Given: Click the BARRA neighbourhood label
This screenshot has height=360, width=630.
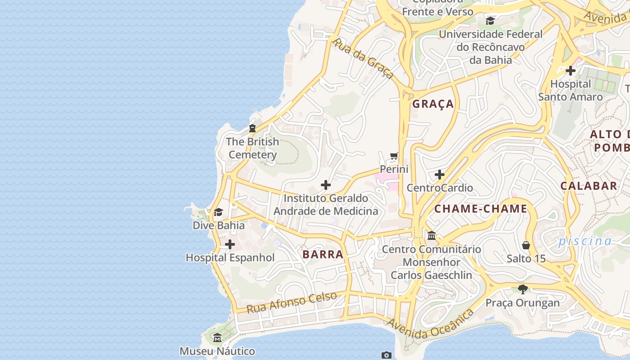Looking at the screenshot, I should coord(323,254).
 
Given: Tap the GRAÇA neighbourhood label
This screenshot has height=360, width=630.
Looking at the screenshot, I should coord(433,104).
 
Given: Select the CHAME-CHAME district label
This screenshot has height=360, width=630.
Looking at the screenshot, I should coord(481,209).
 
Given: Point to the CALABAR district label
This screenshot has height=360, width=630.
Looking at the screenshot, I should coord(589,185).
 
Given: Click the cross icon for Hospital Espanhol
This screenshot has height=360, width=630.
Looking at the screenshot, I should coord(230,244).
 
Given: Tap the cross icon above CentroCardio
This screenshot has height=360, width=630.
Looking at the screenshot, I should coord(440,174).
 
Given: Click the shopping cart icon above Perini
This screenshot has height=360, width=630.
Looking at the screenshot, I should coord(394,156).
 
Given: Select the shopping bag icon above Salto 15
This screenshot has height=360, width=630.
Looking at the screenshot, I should coord(526,245).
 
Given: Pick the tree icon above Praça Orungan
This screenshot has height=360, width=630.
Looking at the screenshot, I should coord(522,289).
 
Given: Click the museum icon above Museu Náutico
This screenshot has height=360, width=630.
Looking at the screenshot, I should coord(217,337).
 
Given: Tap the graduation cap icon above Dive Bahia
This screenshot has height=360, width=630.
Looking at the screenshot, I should coord(219,212).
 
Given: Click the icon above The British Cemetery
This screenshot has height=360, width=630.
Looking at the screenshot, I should coord(252,128).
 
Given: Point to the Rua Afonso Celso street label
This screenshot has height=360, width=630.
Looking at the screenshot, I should coord(292,302).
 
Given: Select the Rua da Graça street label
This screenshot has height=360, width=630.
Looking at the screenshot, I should coord(363,58).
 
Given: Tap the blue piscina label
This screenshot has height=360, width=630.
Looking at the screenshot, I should coord(585,241).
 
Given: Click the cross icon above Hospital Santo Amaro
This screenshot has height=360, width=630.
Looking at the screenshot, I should coord(571,71).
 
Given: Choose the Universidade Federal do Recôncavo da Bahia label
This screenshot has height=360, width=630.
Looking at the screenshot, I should coord(490,47).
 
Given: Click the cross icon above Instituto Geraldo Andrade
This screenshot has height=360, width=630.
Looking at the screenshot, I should coord(326,185).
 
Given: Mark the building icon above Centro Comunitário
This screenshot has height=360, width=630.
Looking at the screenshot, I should coord(432,235).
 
